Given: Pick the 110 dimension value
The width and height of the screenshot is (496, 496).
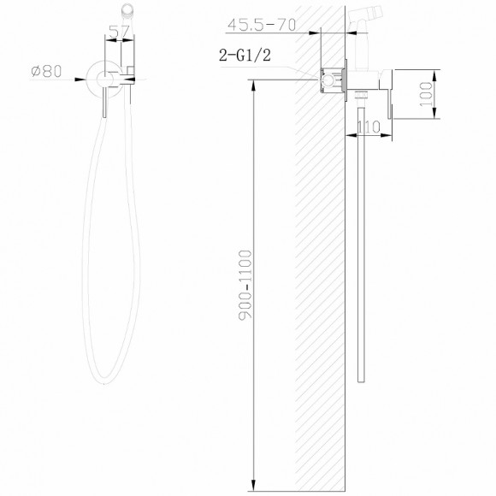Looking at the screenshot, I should click(x=369, y=127).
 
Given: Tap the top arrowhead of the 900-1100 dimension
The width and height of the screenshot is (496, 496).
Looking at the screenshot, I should click(x=255, y=84).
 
